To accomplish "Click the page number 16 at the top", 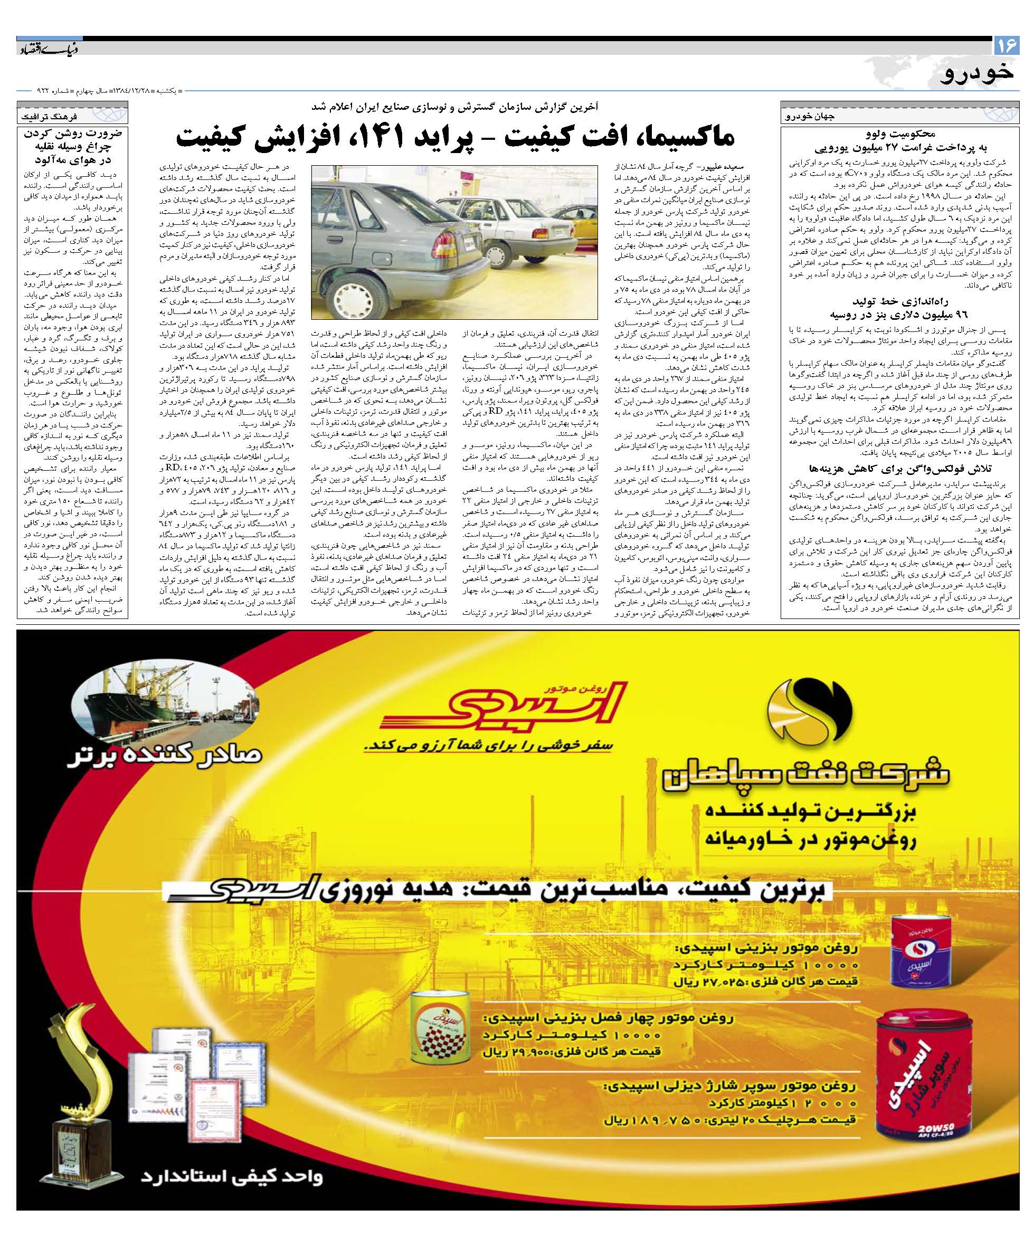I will [x=1007, y=45].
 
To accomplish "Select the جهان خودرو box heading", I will [x=814, y=117].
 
